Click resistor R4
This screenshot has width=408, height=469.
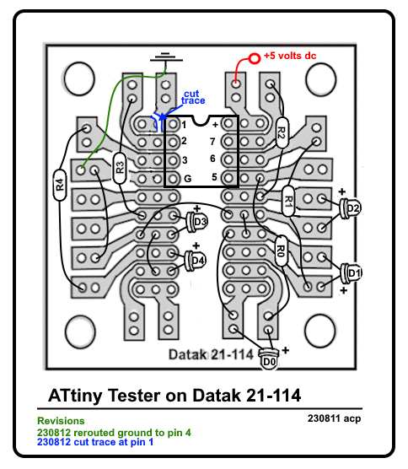point(60,185)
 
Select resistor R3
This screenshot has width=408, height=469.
point(119,168)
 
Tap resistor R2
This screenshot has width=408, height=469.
point(282,132)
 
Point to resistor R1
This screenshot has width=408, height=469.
point(288,201)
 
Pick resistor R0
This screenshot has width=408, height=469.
point(281,251)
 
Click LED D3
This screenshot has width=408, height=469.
point(196,222)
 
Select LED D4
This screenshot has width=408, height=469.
point(195,261)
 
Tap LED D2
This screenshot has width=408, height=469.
point(350,208)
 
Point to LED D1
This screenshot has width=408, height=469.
point(352,273)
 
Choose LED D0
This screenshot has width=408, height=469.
point(269,358)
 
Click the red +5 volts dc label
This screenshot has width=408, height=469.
point(290,56)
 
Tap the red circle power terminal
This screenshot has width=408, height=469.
point(255,58)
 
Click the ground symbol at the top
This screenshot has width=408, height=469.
point(166,57)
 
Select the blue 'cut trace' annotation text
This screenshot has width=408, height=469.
point(193,97)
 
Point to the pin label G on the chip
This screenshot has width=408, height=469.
point(187,179)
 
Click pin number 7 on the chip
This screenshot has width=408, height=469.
point(212,142)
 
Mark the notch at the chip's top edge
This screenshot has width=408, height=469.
point(200,121)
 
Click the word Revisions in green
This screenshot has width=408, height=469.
point(61,421)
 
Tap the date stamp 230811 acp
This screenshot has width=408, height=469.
point(334,418)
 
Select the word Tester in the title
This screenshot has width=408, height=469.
point(136,396)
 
